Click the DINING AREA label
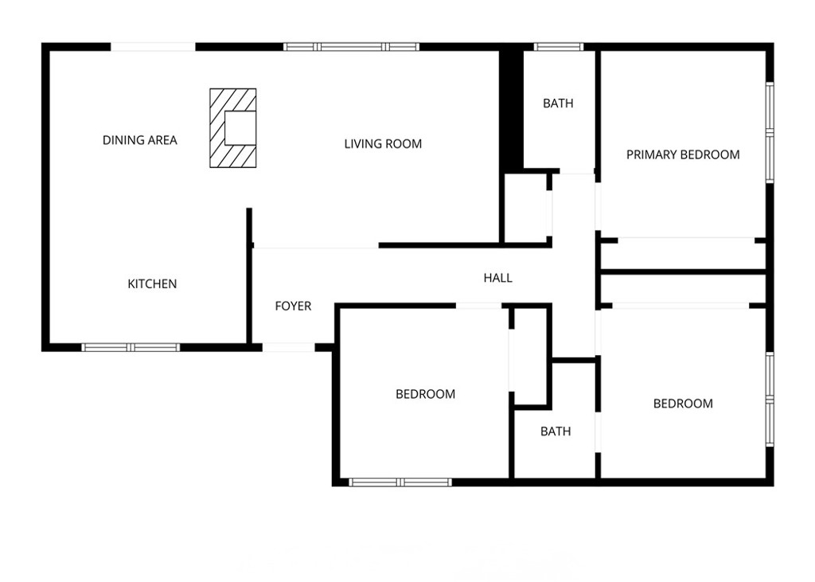[139, 140]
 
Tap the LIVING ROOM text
[383, 144]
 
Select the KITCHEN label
[152, 283]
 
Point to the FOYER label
[293, 306]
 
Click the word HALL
[498, 278]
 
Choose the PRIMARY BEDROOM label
[683, 154]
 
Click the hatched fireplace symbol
[233, 127]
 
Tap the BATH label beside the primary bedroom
[558, 104]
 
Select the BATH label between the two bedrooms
[556, 432]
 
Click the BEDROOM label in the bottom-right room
[683, 404]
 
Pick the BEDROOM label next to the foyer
[426, 394]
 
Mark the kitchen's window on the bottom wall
[131, 347]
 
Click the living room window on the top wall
[352, 47]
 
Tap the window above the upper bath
[559, 47]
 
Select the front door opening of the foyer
[288, 347]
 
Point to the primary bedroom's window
[770, 132]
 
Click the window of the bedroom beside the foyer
[400, 482]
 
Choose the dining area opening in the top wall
[153, 47]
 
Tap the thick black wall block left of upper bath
[511, 109]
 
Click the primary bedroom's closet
[683, 255]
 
